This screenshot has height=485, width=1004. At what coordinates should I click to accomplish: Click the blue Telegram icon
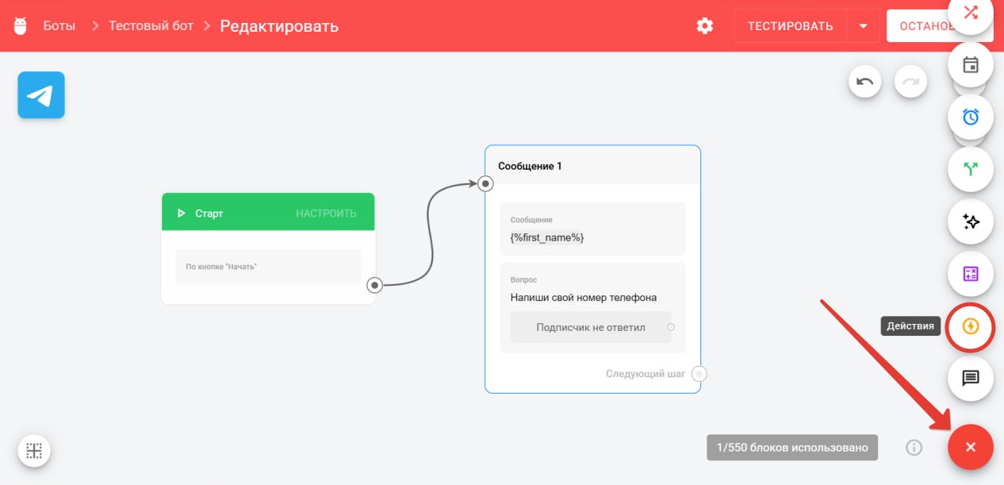click(41, 95)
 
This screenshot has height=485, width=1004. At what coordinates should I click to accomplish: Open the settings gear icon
click(704, 26)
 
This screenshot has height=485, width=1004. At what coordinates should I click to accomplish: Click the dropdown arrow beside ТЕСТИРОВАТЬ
click(864, 26)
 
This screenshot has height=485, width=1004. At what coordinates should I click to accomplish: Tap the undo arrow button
click(864, 82)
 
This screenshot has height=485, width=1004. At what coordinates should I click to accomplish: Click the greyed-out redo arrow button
click(910, 82)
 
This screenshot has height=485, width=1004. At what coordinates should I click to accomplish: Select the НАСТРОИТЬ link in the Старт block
click(326, 213)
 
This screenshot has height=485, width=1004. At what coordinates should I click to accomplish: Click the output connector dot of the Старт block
click(374, 285)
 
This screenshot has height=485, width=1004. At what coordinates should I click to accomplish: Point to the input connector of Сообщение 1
click(485, 183)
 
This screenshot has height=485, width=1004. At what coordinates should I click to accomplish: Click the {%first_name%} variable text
click(547, 237)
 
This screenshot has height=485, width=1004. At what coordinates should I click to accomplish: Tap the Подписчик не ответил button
click(591, 328)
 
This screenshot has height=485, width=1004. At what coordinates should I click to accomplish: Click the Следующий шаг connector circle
click(699, 374)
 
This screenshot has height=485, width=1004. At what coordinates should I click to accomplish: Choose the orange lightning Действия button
click(971, 326)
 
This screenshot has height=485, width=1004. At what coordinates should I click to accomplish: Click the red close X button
click(971, 447)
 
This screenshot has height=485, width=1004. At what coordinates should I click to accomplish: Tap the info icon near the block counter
click(914, 448)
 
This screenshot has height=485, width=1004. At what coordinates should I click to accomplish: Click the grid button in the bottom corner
click(34, 450)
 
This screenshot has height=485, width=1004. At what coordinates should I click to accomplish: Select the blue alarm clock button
click(971, 117)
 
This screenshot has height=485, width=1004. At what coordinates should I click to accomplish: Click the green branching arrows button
click(971, 169)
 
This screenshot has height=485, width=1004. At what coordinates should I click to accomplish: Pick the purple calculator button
click(971, 274)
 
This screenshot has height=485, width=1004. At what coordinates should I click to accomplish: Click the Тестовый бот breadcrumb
click(151, 25)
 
